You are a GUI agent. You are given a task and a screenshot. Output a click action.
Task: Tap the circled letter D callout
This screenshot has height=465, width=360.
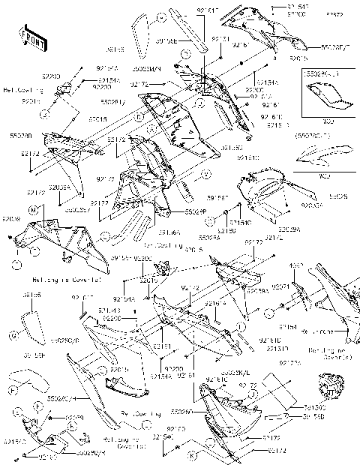(x=139, y=118)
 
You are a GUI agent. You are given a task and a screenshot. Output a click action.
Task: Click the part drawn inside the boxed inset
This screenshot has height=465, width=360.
(x=324, y=95)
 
